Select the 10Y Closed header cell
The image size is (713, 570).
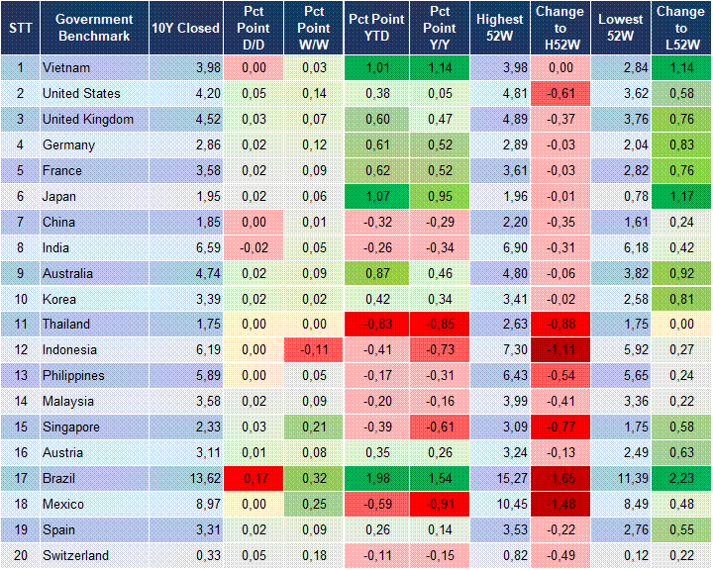(185, 28)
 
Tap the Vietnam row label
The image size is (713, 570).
(65, 67)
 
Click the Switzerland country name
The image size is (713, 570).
(75, 555)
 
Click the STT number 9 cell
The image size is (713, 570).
(20, 273)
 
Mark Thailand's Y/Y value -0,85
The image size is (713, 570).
(436, 325)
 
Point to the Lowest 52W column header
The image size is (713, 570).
(621, 28)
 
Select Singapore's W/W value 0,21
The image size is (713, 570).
(314, 427)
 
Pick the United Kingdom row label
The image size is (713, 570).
(88, 119)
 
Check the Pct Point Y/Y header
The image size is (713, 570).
(436, 28)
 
